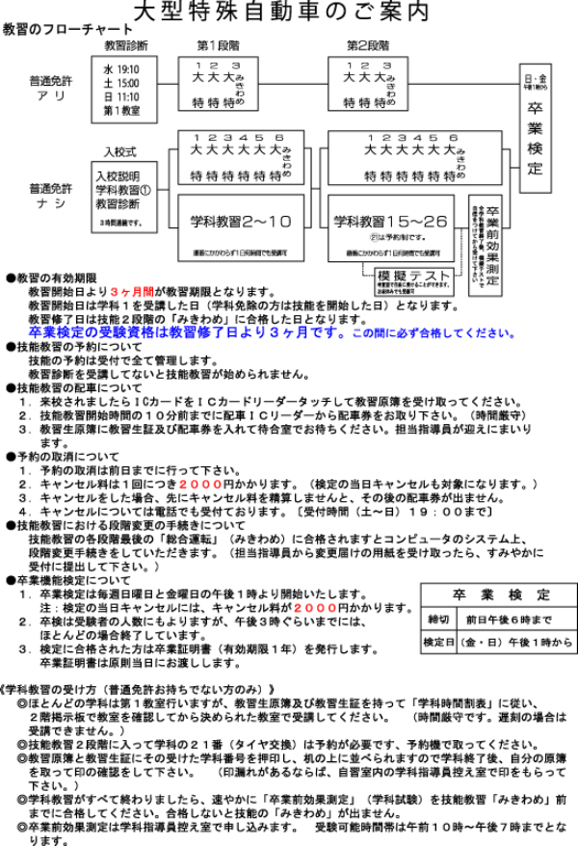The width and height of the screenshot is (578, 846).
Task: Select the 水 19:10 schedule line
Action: point(121,69)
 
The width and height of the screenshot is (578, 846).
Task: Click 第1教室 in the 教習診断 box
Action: point(121,110)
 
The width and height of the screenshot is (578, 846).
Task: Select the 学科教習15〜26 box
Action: point(391,223)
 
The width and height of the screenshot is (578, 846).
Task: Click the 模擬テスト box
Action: point(411,278)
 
